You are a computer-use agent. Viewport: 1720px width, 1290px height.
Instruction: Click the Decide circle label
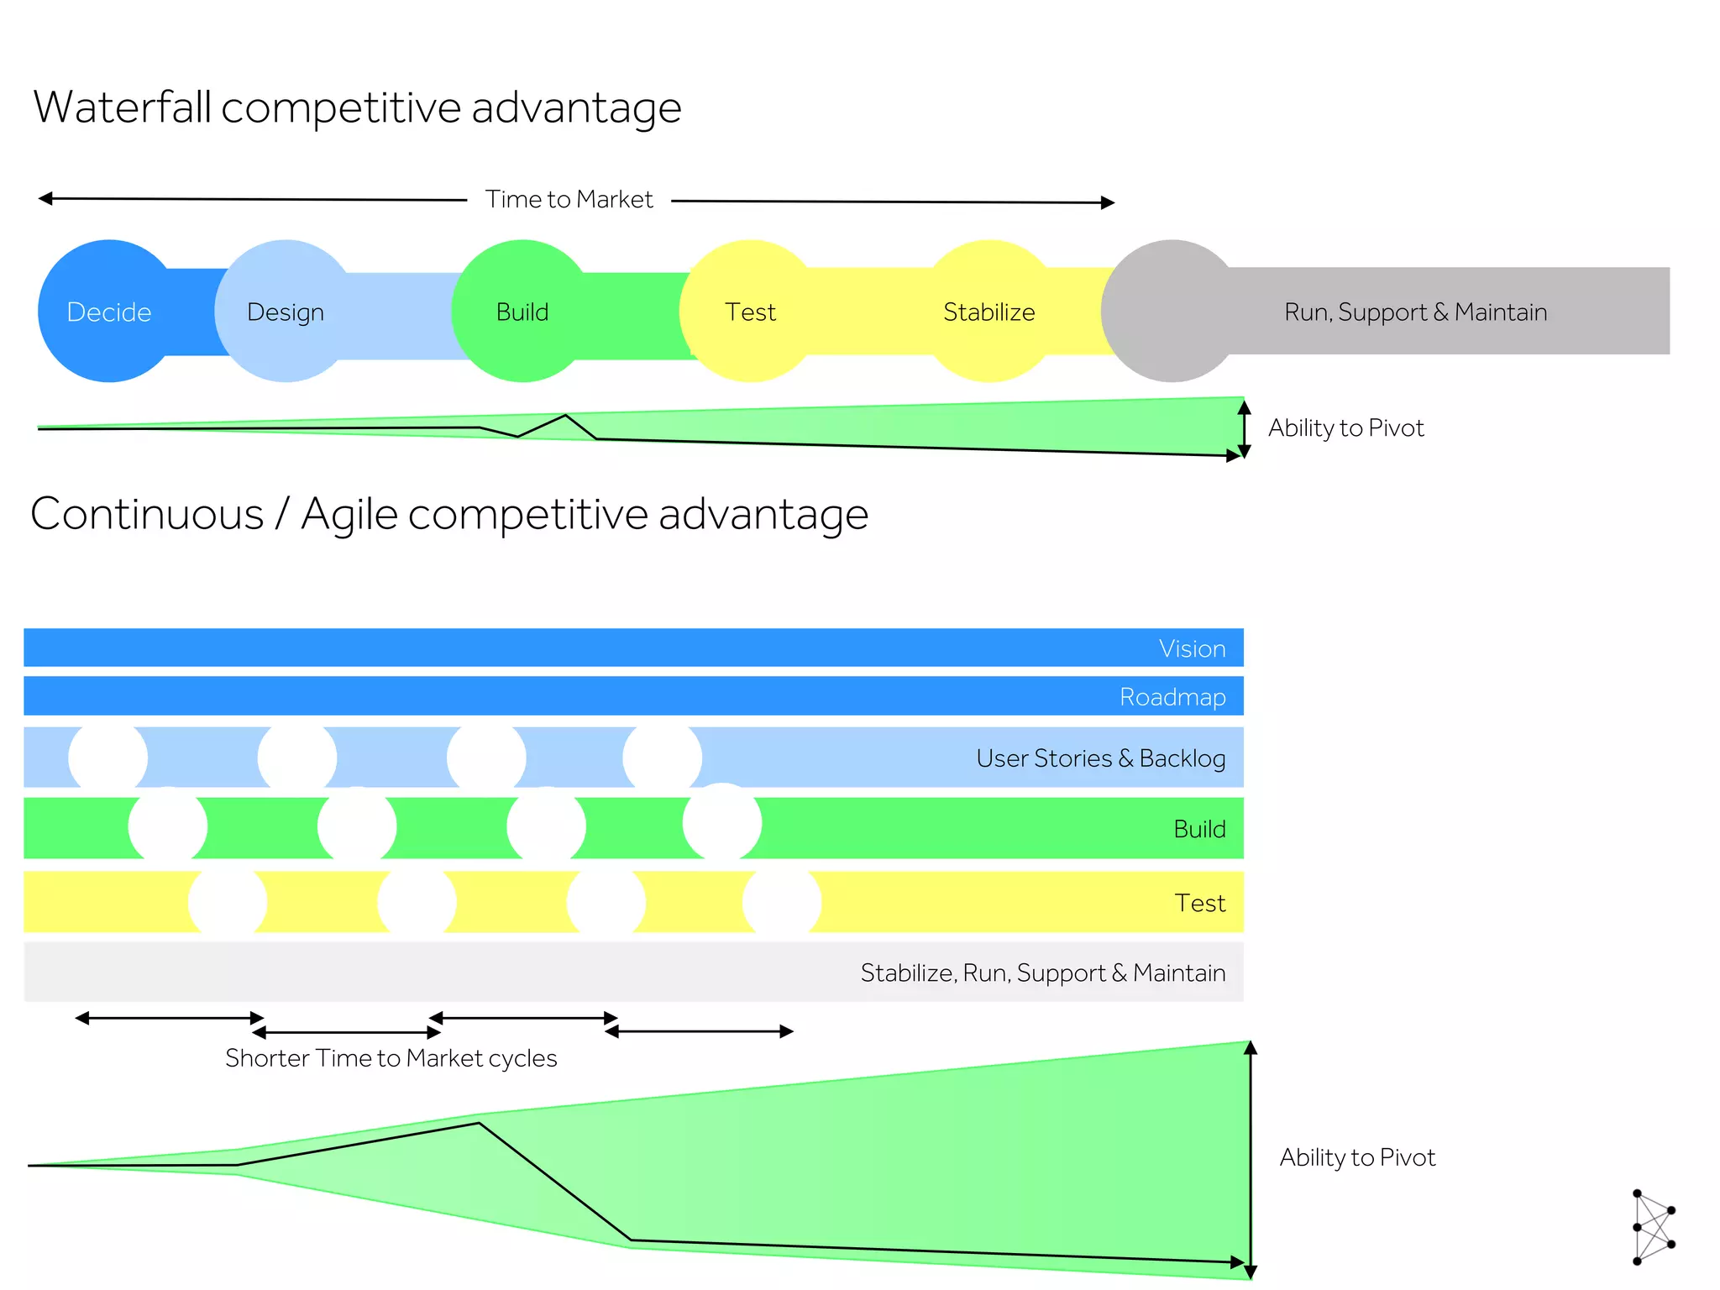[109, 312]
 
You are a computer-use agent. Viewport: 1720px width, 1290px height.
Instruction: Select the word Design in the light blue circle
[286, 312]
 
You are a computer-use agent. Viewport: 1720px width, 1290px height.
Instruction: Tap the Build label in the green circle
[522, 312]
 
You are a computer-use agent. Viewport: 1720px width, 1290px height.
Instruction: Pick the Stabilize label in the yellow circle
[988, 312]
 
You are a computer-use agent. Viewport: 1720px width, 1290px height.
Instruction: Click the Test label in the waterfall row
[750, 312]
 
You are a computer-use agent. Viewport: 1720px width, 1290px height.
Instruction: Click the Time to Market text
[569, 200]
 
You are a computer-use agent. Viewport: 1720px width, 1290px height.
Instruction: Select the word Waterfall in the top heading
[123, 107]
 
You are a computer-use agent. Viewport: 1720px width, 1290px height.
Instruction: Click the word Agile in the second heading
[349, 514]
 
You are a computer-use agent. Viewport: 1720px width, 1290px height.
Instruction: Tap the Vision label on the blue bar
[1192, 649]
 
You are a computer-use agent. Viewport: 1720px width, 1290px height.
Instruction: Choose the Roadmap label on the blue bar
[1172, 697]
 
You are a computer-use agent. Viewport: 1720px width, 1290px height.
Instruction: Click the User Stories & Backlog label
[1100, 758]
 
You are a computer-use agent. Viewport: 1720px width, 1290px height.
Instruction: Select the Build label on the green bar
[1199, 830]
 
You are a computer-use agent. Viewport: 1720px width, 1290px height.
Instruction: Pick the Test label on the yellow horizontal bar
[1199, 904]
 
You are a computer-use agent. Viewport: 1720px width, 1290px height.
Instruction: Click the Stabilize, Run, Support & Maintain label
[1042, 973]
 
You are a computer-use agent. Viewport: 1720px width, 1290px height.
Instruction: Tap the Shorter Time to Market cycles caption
[391, 1058]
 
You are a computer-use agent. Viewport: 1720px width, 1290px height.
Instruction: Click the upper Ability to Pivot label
[1345, 428]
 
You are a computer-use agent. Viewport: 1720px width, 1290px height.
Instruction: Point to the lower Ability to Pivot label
[1357, 1158]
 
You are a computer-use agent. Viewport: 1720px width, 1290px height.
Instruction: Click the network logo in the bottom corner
[1653, 1226]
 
